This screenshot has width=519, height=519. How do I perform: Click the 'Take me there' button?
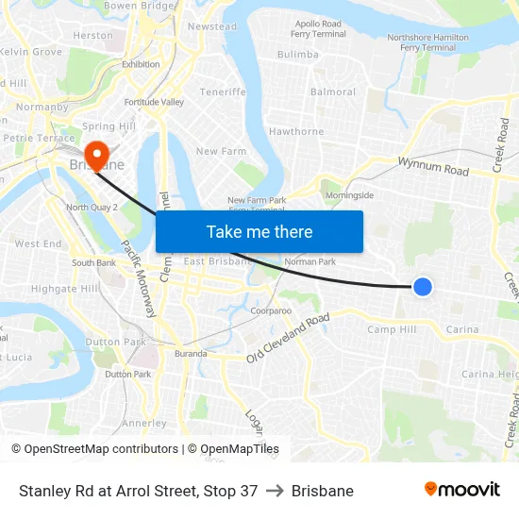pos(259,232)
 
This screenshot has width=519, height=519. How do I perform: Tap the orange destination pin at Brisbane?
pos(96,153)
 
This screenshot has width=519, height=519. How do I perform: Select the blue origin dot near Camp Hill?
pos(423,286)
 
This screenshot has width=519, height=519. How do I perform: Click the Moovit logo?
pos(461,490)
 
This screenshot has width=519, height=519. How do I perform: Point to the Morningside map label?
pos(349,195)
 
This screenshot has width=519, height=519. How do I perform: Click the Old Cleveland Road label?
pos(288,338)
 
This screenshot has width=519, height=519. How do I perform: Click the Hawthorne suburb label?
pos(296,132)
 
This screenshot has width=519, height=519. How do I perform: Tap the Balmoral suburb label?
pos(333,92)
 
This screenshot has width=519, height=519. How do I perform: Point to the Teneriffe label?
pos(223,92)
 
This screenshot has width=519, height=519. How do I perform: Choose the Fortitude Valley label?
pos(153,102)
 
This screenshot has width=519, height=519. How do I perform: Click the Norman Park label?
pos(310,261)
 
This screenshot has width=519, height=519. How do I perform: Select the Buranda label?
pos(191,354)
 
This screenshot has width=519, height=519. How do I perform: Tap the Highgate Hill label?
pos(65,289)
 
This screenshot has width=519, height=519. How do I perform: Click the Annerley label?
pos(144,423)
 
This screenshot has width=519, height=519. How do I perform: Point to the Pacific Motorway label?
pos(140,283)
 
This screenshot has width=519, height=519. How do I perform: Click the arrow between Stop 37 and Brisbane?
pos(275,491)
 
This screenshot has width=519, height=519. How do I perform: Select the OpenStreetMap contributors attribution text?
pos(101,449)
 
